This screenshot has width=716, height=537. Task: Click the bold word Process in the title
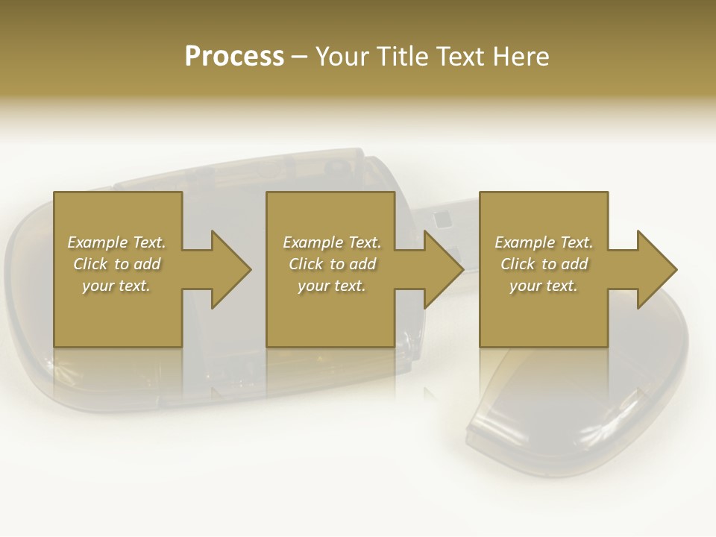point(234,57)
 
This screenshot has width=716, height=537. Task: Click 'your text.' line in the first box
point(116,286)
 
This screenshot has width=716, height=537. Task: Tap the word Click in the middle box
point(307,264)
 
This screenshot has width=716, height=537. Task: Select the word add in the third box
point(574,264)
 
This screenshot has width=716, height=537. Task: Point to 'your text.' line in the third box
point(544,286)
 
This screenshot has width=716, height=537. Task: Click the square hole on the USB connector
point(442,218)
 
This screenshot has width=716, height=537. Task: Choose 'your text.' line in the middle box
point(332,286)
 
